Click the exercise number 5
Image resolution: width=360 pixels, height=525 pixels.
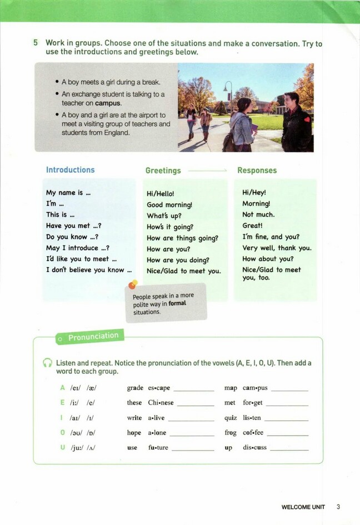tap(36, 43)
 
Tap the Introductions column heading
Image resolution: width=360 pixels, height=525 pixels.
tap(70, 170)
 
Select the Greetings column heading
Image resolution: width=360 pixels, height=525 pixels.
tap(163, 171)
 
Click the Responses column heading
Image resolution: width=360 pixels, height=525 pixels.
tap(257, 171)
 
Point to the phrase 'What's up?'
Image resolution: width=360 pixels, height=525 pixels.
tap(164, 216)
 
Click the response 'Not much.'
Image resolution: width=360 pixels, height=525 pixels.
tap(258, 214)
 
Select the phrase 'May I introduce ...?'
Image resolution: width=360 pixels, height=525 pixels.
tap(77, 248)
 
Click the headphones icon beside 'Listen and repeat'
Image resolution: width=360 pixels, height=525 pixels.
tap(48, 363)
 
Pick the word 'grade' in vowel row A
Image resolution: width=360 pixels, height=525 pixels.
tap(135, 388)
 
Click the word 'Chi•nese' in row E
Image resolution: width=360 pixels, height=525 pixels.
tap(161, 403)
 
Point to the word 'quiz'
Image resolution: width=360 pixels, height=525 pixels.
tap(231, 418)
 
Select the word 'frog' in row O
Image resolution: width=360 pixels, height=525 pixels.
tap(231, 433)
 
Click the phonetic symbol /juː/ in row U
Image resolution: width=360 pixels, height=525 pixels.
tap(77, 448)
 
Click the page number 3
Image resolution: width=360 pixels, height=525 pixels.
tap(338, 507)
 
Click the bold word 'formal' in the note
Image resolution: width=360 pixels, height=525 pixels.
tap(177, 304)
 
